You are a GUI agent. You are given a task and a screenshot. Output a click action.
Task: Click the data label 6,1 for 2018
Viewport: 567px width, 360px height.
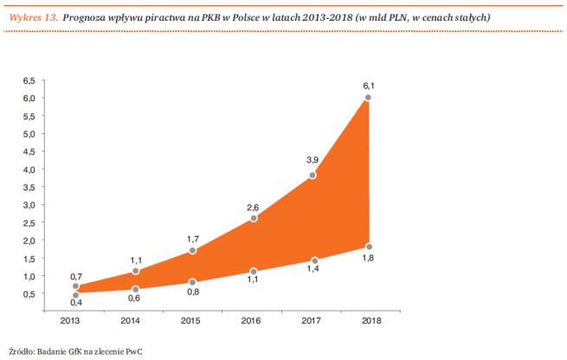[x=368, y=86]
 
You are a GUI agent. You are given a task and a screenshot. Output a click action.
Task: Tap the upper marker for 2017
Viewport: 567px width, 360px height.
[x=312, y=176]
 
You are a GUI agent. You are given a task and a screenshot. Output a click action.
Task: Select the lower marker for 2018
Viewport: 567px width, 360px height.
[x=369, y=246]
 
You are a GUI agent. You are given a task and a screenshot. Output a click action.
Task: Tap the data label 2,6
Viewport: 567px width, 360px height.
[x=252, y=208]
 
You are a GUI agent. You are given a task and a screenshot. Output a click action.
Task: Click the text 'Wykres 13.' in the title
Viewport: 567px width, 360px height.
[x=31, y=17]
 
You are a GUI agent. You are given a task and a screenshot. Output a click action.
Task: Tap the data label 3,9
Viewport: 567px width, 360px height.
[x=311, y=160]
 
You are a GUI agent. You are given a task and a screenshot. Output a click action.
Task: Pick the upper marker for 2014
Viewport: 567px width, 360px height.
[x=135, y=271]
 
